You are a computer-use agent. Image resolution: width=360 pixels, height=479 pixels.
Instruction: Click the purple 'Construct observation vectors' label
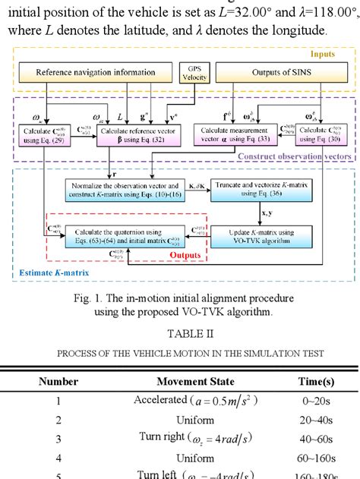293,156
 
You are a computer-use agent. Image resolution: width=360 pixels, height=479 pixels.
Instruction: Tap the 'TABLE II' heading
179,332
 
